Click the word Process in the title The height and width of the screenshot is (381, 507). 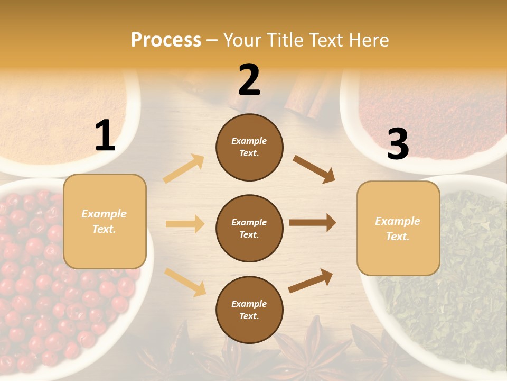(166, 40)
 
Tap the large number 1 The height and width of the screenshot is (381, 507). (105, 136)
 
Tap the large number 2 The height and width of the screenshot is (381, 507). (249, 80)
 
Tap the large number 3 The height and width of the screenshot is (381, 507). (398, 144)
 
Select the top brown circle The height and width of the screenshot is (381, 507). (249, 147)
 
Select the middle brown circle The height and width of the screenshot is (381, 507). (249, 228)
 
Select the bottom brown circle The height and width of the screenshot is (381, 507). (249, 310)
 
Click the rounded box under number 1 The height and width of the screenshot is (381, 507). (105, 221)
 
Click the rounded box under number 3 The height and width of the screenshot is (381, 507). (398, 229)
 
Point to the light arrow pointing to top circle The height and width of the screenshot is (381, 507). (184, 169)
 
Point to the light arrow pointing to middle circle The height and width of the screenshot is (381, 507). (185, 224)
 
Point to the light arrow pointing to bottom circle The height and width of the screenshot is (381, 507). (185, 282)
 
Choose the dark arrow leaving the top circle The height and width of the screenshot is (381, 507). (314, 169)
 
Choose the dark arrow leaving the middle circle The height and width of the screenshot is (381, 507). (312, 223)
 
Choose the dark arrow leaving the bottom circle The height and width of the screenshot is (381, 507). (311, 280)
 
